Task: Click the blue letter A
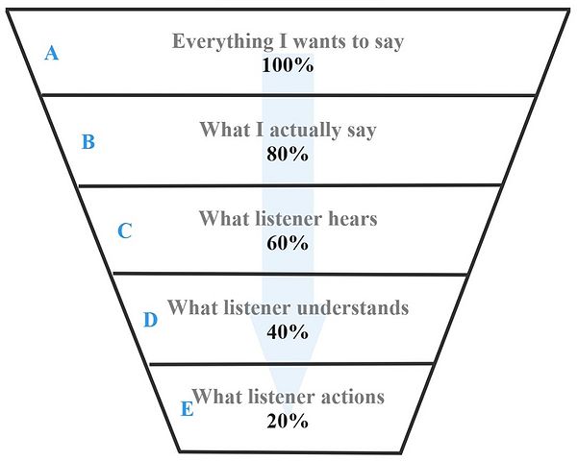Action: (52, 54)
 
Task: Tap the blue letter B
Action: (88, 143)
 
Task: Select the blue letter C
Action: (124, 231)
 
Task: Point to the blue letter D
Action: (150, 320)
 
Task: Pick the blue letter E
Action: (187, 408)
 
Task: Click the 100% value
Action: (288, 65)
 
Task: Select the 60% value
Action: (288, 242)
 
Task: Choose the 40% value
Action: (288, 332)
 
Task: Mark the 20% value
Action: (288, 421)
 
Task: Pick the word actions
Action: (351, 397)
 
